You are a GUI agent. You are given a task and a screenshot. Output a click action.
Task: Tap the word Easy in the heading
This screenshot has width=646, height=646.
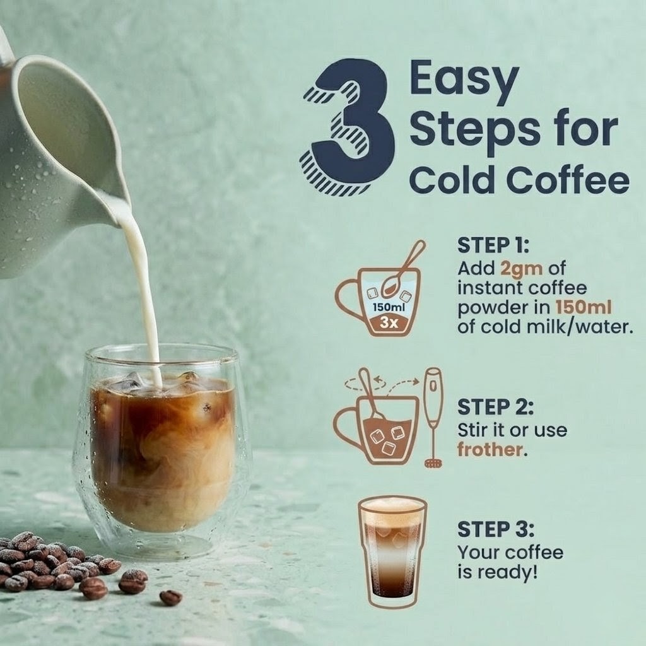click(464, 80)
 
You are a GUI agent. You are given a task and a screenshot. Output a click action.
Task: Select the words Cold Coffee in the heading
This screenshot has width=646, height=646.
click(519, 179)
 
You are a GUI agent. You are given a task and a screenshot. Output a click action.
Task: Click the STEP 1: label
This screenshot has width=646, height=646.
click(493, 245)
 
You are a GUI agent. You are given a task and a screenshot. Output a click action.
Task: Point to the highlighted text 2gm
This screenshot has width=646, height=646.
click(522, 269)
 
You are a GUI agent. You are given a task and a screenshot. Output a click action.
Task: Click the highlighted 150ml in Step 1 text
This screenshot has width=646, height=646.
click(583, 307)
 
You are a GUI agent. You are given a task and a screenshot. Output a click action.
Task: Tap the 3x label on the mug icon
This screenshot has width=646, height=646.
click(389, 322)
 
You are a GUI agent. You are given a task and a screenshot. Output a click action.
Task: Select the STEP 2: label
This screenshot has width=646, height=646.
click(496, 407)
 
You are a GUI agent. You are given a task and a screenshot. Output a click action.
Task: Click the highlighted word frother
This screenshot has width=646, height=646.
click(490, 449)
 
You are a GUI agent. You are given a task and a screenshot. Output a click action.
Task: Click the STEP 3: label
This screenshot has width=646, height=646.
click(496, 529)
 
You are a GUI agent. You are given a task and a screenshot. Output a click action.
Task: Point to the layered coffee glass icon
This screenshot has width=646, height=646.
click(392, 551)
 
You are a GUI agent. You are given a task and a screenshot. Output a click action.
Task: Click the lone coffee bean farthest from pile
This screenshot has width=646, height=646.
click(170, 597)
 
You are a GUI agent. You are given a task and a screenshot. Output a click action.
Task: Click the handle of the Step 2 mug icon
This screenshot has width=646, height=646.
click(345, 426)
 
